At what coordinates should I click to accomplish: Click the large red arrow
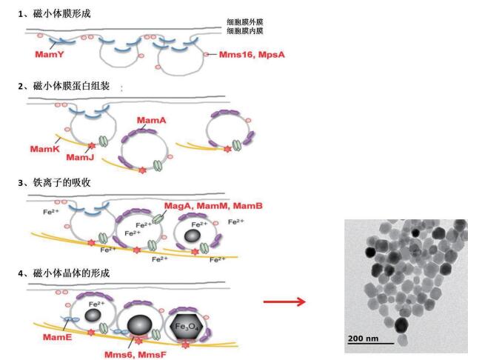[x=284, y=301]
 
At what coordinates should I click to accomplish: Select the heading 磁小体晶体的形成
[x=75, y=275]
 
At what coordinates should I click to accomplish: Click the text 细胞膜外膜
[x=246, y=22]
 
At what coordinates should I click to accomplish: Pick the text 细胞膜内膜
[x=246, y=31]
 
